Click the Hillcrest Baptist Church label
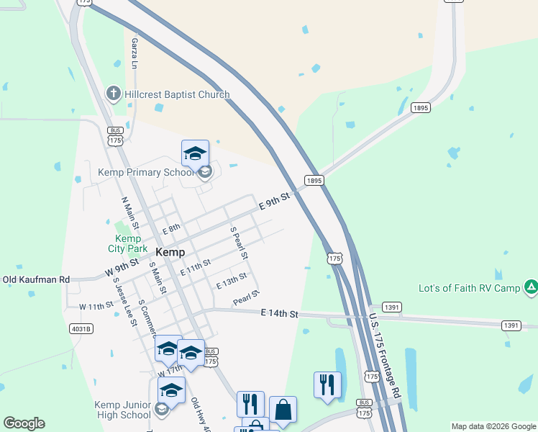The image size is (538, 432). click(176, 94)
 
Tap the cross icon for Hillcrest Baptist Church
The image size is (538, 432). click(113, 94)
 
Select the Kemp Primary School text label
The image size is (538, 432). click(146, 173)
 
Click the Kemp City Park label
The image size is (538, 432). click(128, 243)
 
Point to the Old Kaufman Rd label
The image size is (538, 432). click(36, 279)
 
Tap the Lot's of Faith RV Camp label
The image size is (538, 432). click(469, 288)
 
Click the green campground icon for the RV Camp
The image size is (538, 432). click(530, 287)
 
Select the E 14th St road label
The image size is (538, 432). click(279, 313)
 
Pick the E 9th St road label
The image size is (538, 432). click(275, 201)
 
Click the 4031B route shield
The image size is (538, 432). click(81, 329)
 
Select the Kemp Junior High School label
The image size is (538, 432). click(122, 410)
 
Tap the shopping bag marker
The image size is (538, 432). click(283, 410)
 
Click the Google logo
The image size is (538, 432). click(24, 423)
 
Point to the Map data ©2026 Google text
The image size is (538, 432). click(493, 426)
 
